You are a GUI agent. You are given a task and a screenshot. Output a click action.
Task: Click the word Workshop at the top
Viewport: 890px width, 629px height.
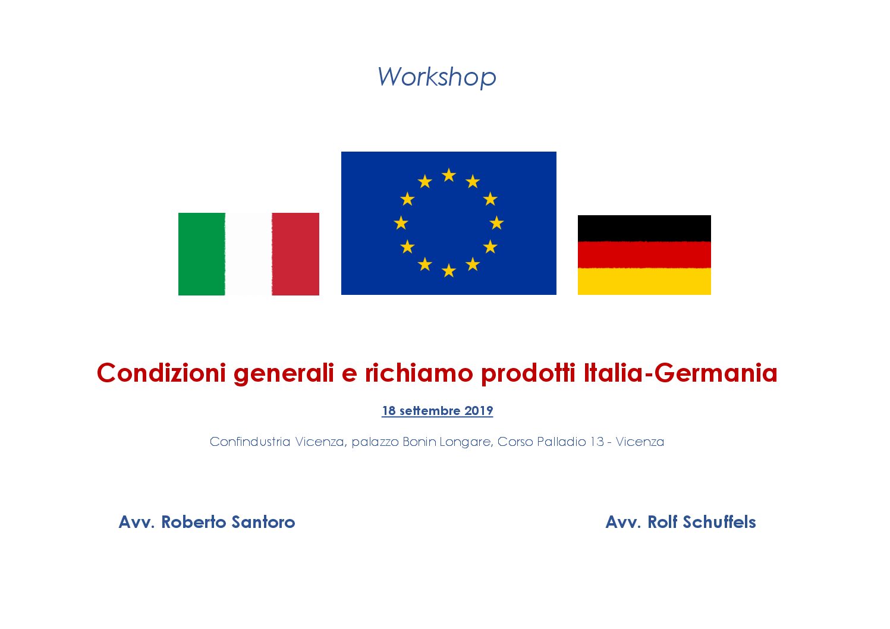point(436,77)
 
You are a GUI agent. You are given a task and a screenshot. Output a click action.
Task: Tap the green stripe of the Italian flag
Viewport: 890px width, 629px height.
point(202,254)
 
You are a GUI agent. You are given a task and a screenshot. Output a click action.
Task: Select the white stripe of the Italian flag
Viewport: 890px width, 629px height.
point(249,254)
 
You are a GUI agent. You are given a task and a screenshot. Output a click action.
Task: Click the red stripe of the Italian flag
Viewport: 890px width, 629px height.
point(295,254)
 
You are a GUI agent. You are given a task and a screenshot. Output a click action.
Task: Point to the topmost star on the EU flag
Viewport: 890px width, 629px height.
point(449,175)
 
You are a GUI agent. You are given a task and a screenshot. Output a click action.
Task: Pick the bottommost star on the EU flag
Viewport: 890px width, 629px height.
point(449,271)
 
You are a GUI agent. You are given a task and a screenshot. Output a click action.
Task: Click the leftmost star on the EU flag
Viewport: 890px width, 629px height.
point(401,223)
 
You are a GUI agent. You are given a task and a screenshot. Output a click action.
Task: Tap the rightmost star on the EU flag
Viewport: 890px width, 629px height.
point(496,223)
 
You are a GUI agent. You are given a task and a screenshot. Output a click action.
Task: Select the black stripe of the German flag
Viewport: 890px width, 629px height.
point(644,228)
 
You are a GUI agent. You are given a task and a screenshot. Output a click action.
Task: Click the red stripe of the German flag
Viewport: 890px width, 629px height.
point(644,254)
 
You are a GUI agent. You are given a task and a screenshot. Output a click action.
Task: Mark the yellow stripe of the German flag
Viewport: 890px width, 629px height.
point(644,281)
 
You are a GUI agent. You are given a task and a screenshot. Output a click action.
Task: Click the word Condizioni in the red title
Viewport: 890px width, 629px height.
point(161,373)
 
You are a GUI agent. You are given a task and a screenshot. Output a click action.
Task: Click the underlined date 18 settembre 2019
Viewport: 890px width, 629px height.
point(437,411)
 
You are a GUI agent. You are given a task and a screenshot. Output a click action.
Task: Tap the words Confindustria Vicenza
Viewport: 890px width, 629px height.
point(277,442)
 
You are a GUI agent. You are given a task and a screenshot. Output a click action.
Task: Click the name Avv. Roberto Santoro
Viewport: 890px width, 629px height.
point(207,522)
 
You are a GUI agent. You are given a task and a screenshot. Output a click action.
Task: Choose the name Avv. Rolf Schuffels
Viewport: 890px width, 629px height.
point(680,522)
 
